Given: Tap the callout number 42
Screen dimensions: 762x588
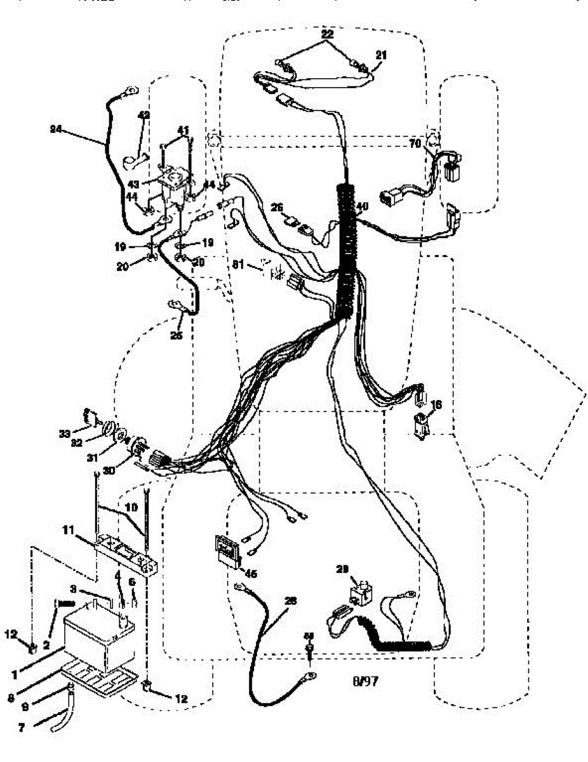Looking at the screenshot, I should [x=144, y=115].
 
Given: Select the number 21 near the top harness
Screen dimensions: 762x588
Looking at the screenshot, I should [x=380, y=55].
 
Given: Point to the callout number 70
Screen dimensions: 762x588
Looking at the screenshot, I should [x=415, y=144].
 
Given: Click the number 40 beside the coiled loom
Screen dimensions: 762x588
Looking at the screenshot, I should [x=362, y=206].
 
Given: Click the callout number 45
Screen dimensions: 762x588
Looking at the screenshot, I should [x=250, y=573].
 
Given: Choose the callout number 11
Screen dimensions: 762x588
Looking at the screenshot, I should [x=68, y=528].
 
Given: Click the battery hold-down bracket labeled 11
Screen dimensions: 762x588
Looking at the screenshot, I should [x=124, y=553].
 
